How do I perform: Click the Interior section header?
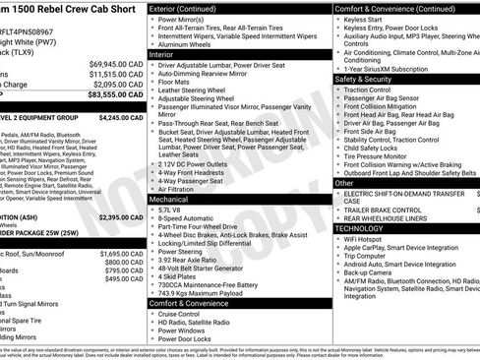pyautogui.click(x=162, y=56)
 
